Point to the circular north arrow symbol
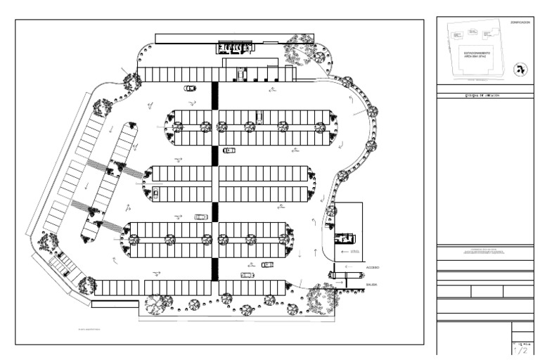click(x=520, y=69)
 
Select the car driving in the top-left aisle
click(x=190, y=89)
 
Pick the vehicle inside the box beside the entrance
click(x=345, y=238)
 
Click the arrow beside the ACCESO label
click(x=344, y=251)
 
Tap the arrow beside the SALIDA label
click(x=340, y=283)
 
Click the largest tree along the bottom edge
click(x=159, y=304)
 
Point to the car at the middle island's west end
click(x=155, y=193)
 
